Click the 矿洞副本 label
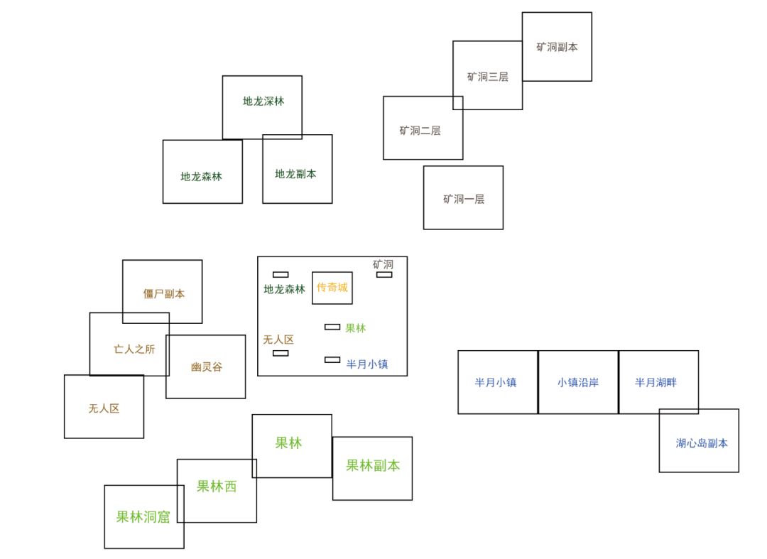pyautogui.click(x=557, y=47)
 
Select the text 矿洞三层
pyautogui.click(x=487, y=77)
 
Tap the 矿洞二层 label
pyautogui.click(x=420, y=131)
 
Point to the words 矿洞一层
pyautogui.click(x=463, y=199)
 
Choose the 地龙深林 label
pyautogui.click(x=263, y=102)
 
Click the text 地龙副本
pyautogui.click(x=295, y=174)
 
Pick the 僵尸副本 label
pyautogui.click(x=164, y=294)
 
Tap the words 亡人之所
pyautogui.click(x=134, y=349)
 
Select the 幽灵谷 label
pyautogui.click(x=207, y=367)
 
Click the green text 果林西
pyautogui.click(x=216, y=486)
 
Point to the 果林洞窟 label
pyautogui.click(x=143, y=516)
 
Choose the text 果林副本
pyautogui.click(x=373, y=465)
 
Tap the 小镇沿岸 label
pyautogui.click(x=577, y=382)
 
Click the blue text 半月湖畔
pyautogui.click(x=656, y=382)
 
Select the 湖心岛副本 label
pyautogui.click(x=702, y=443)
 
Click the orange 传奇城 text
pyautogui.click(x=332, y=287)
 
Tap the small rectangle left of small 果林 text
pyautogui.click(x=332, y=327)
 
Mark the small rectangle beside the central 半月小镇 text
pyautogui.click(x=332, y=360)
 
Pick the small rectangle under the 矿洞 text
pyautogui.click(x=384, y=274)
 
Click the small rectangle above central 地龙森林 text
pyautogui.click(x=281, y=274)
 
